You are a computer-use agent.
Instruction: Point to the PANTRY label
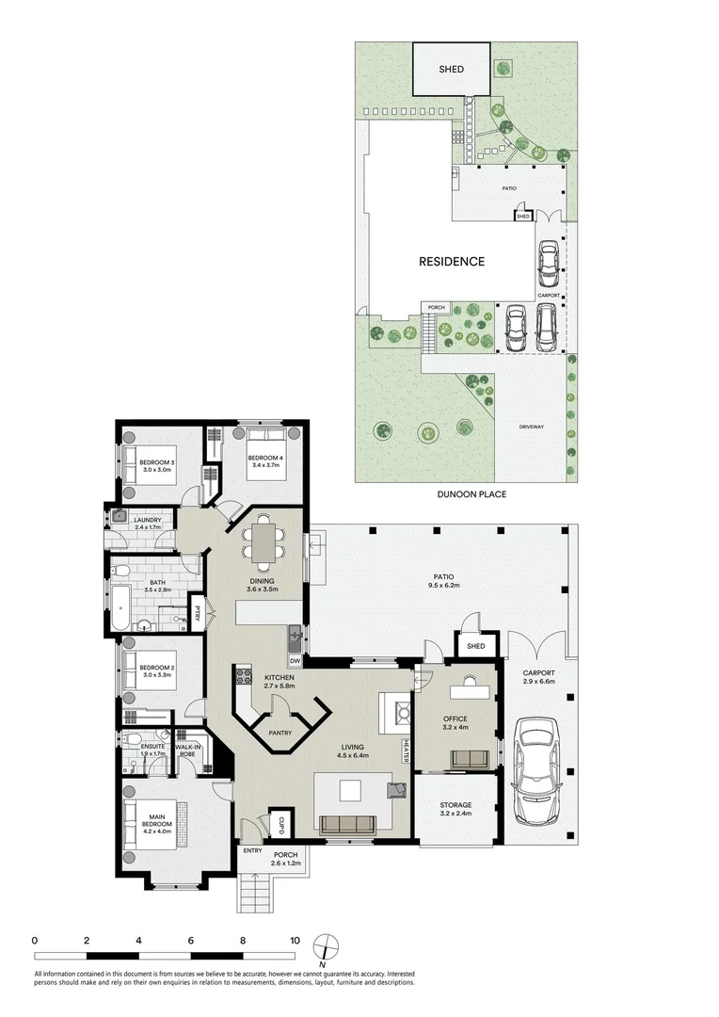tap(280, 733)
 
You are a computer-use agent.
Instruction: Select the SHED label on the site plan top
tap(452, 70)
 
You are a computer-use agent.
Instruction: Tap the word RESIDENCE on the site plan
tap(452, 262)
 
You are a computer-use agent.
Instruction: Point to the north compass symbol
tap(324, 944)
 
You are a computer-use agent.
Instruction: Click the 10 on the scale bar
tap(295, 940)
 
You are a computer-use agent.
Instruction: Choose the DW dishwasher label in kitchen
tap(295, 662)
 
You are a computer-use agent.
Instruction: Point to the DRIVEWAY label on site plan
tap(531, 428)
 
